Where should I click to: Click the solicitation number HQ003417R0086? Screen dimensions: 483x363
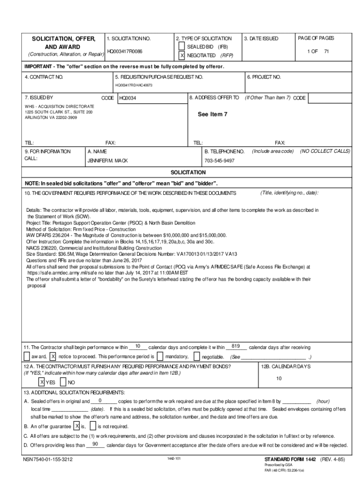tap(125, 51)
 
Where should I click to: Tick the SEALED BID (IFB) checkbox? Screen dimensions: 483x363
tap(181, 47)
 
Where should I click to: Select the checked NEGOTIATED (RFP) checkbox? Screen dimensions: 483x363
tap(181, 56)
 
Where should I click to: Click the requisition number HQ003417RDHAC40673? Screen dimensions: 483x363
tap(134, 85)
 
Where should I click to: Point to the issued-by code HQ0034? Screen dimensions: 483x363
tap(128, 98)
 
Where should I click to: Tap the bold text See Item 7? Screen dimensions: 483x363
tap(212, 115)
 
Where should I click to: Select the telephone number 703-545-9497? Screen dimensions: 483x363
tap(219, 160)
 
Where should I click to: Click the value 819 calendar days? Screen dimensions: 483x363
tap(237, 346)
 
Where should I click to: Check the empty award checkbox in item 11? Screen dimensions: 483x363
tap(27, 356)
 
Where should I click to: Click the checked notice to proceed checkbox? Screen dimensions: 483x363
tap(53, 356)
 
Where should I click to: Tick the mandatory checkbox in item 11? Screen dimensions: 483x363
tap(160, 356)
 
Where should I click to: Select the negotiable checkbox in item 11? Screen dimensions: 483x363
tap(197, 356)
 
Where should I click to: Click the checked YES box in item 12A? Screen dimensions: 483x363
tap(41, 382)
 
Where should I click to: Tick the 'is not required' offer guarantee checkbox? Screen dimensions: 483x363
tap(93, 426)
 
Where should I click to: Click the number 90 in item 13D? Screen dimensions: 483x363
tap(95, 444)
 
